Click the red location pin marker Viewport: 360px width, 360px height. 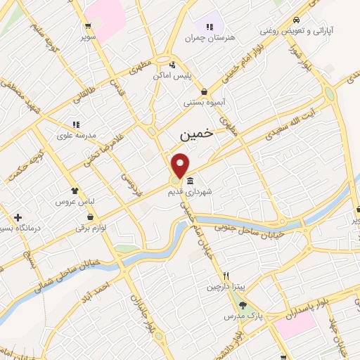pyautogui.click(x=181, y=165)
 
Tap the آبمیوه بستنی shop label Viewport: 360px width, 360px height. pyautogui.click(x=204, y=103)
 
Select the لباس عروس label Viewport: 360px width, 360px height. pyautogui.click(x=75, y=201)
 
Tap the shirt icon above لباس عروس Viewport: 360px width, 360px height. pyautogui.click(x=75, y=191)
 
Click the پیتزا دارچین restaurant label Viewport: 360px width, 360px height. pyautogui.click(x=226, y=286)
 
